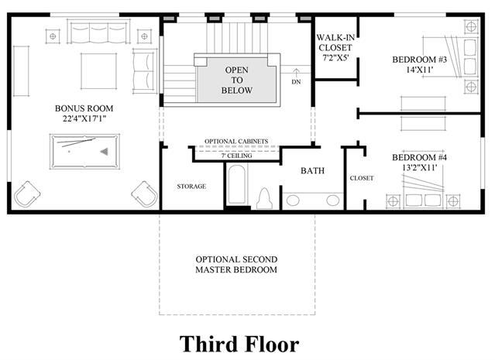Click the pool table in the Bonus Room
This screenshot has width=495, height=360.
point(84,152)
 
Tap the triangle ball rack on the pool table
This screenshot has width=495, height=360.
point(105,152)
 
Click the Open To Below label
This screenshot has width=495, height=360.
point(237,81)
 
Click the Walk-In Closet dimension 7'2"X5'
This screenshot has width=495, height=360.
point(335,58)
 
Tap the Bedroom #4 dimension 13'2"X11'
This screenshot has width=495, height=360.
point(420,167)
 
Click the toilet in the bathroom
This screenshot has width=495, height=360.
point(264,198)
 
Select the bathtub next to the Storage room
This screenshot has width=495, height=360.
point(237,185)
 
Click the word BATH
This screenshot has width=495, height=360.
point(312,170)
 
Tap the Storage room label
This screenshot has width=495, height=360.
point(191,187)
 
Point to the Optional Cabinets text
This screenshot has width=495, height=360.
point(236,142)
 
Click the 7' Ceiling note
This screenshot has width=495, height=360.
point(236,156)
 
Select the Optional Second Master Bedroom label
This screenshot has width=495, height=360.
point(236,265)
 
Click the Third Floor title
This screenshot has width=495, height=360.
point(239,344)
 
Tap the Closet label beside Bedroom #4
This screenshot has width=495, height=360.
point(362,178)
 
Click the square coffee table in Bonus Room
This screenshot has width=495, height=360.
point(99,71)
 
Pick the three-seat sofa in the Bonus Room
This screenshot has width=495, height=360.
point(99,31)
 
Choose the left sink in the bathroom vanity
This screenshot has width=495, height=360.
point(293,201)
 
